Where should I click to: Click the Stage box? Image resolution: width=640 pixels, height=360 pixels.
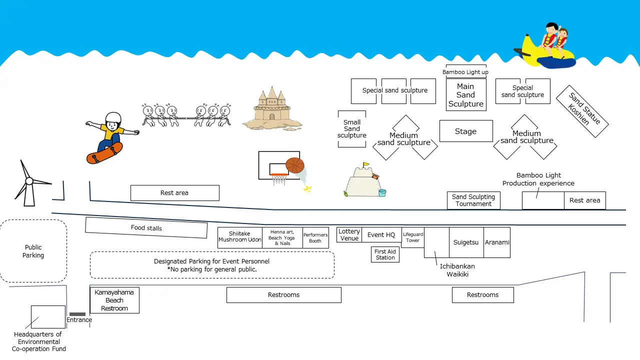click(465, 131)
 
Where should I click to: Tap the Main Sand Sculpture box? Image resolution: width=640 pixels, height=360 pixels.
click(465, 95)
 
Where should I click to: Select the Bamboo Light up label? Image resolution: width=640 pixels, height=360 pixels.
click(465, 72)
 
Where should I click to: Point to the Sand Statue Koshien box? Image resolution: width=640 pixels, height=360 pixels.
click(582, 111)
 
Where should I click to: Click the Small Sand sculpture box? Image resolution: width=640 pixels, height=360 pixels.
click(351, 129)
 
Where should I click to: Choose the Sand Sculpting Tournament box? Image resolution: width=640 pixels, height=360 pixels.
click(473, 200)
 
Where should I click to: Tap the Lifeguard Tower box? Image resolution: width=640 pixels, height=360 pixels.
click(412, 237)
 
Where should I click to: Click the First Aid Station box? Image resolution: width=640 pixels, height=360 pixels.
click(385, 254)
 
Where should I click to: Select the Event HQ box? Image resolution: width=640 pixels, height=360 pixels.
click(381, 235)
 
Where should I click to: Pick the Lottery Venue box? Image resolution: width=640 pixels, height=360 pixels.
click(349, 234)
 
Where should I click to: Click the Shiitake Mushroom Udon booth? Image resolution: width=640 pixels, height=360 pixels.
click(240, 237)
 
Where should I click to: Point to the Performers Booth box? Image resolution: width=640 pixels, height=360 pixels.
click(315, 237)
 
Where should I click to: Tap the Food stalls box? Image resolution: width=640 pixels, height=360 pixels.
click(146, 228)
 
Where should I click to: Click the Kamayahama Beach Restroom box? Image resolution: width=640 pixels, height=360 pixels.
click(114, 300)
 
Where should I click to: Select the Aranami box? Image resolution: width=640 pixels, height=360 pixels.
click(497, 242)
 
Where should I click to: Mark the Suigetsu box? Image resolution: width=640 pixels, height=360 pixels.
click(466, 242)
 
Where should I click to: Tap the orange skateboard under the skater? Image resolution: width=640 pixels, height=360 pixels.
click(104, 153)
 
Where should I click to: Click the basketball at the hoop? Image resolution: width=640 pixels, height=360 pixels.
click(294, 165)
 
